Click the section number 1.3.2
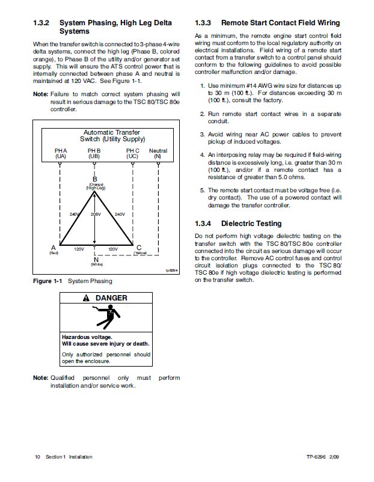click(41, 23)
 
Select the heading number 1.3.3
click(203, 23)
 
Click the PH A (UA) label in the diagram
click(61, 153)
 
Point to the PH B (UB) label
click(94, 153)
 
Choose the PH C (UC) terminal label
click(132, 153)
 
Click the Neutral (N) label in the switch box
click(158, 153)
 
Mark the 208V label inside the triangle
click(96, 215)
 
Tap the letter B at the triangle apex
click(95, 179)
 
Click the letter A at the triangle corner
click(54, 248)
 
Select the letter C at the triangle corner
click(139, 248)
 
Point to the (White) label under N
click(96, 264)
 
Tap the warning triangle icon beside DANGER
click(87, 298)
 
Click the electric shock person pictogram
click(106, 317)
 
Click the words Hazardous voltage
click(87, 337)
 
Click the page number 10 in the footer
click(37, 457)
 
